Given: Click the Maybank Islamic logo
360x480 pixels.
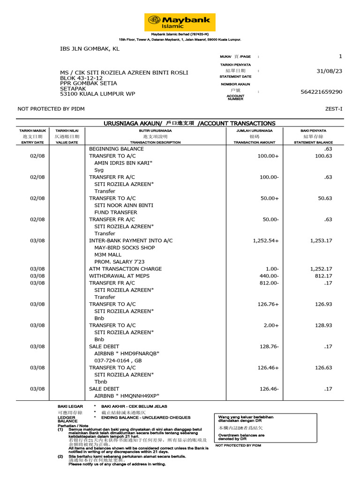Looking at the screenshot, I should point(180,22).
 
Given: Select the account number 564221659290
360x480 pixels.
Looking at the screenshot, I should point(321,92).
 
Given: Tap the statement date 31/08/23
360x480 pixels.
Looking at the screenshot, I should point(330,71).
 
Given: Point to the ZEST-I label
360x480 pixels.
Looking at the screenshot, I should point(334,109).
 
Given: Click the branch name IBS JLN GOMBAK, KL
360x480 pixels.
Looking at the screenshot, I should point(90,48).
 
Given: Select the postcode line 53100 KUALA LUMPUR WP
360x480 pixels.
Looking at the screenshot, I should point(97,94).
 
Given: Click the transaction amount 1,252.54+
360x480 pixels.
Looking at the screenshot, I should point(265,240).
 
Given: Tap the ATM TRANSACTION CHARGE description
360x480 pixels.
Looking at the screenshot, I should point(125,269).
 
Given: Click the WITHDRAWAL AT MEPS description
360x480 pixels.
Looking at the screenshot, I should point(119,276).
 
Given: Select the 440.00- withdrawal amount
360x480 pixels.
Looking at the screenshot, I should point(268,276).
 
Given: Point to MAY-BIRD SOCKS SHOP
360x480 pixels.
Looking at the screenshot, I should point(124,247).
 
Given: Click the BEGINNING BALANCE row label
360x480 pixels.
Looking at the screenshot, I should point(116,149).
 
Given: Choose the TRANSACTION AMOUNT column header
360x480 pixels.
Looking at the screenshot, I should point(255,142).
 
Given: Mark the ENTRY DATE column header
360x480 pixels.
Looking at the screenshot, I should point(32,142).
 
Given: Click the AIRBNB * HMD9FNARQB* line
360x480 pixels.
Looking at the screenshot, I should point(127,353).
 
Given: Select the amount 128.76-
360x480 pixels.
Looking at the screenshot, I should point(268,346).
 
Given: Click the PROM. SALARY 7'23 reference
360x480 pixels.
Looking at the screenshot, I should point(120,262).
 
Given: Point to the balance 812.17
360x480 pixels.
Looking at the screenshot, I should point(323,276).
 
